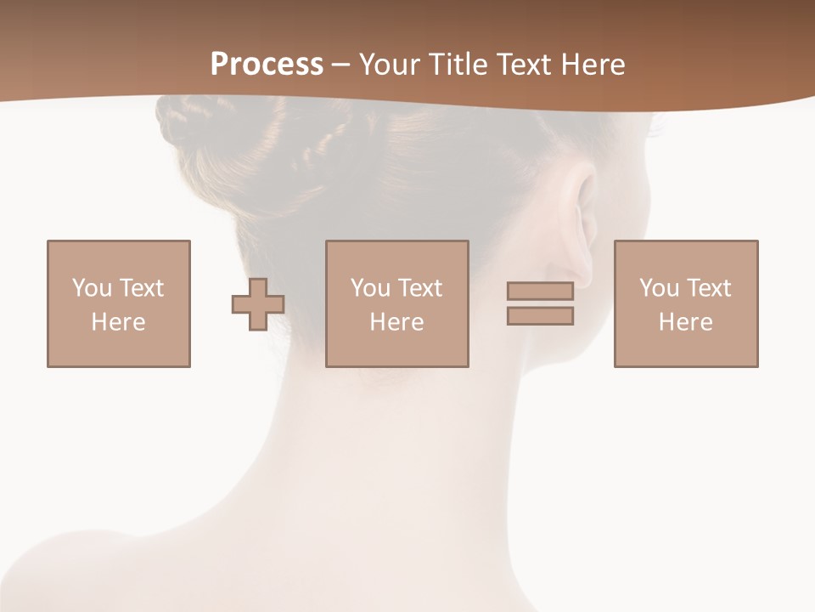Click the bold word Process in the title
267,65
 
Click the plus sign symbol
258,304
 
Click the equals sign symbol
540,303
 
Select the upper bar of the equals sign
540,291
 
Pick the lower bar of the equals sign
540,316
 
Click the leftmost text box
119,303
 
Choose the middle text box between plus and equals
397,303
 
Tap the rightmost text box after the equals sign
686,303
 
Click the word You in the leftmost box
92,288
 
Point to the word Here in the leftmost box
119,322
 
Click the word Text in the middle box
419,288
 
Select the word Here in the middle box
397,322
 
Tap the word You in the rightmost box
659,288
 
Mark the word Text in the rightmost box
708,288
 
